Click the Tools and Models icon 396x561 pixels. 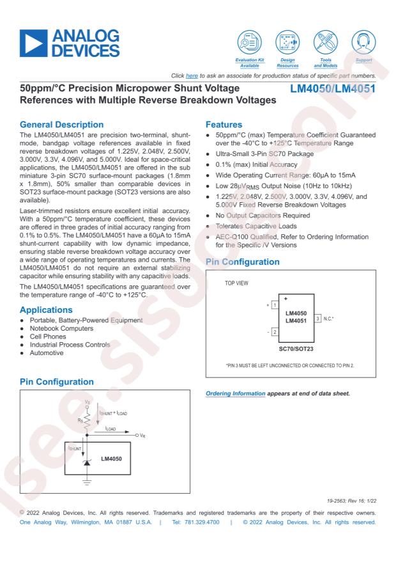point(326,41)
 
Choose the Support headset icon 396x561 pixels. point(363,41)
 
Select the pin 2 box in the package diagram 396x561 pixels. point(274,331)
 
